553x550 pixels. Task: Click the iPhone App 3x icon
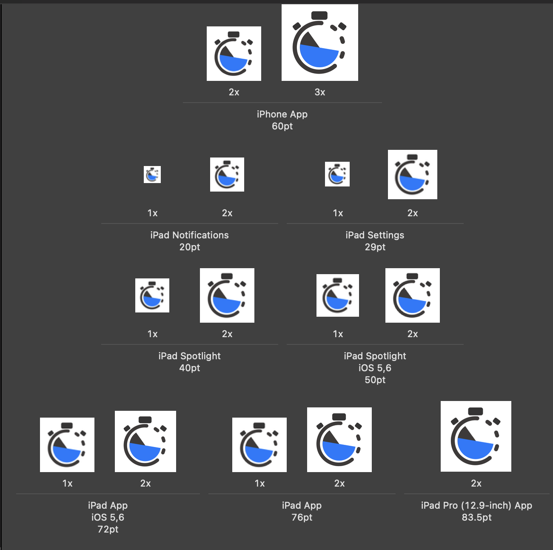pyautogui.click(x=320, y=43)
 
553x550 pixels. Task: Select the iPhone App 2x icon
pyautogui.click(x=234, y=54)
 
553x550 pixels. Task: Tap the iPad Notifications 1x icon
pyautogui.click(x=152, y=175)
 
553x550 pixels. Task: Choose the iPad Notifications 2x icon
pyautogui.click(x=227, y=175)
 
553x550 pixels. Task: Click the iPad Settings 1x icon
pyautogui.click(x=337, y=174)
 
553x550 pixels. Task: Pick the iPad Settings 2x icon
pyautogui.click(x=413, y=175)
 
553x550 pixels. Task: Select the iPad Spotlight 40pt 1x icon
pyautogui.click(x=152, y=295)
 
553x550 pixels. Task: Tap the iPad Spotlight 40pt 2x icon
pyautogui.click(x=227, y=295)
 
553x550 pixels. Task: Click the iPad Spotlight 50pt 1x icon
pyautogui.click(x=338, y=295)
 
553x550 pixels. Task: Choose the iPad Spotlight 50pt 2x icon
pyautogui.click(x=413, y=295)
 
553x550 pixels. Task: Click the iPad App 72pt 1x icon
pyautogui.click(x=67, y=445)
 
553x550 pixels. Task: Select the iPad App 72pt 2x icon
pyautogui.click(x=145, y=441)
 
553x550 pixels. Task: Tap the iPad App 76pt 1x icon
pyautogui.click(x=259, y=445)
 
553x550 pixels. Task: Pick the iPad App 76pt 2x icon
pyautogui.click(x=339, y=440)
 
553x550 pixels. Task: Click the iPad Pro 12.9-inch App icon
pyautogui.click(x=476, y=436)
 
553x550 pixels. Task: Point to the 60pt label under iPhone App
pyautogui.click(x=282, y=126)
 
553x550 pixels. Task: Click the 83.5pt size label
pyautogui.click(x=476, y=518)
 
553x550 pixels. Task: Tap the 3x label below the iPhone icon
pyautogui.click(x=320, y=92)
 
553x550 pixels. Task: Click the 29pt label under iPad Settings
pyautogui.click(x=375, y=247)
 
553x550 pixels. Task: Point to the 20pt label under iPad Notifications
pyautogui.click(x=190, y=247)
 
